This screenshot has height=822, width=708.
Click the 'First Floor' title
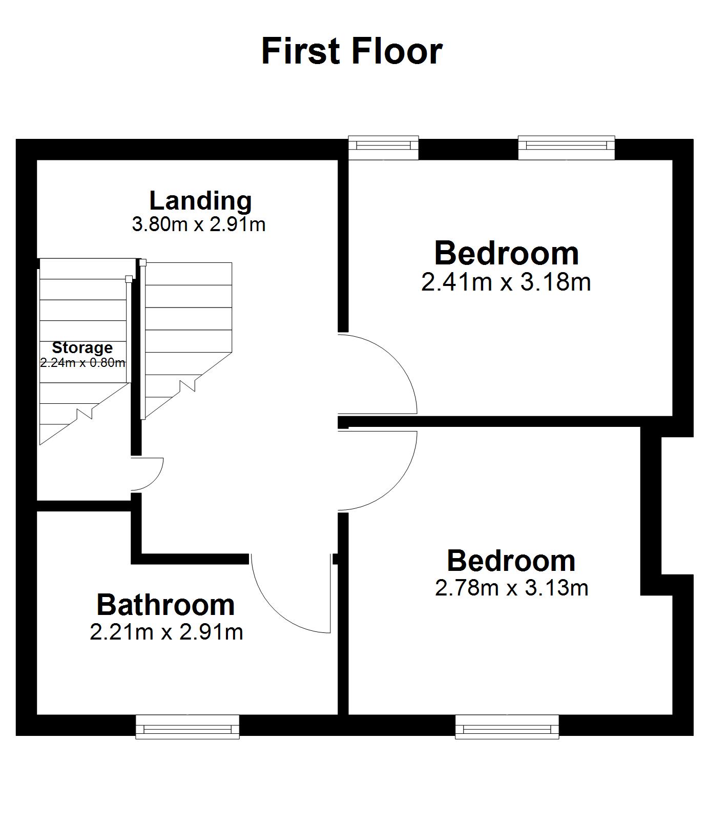coord(352,51)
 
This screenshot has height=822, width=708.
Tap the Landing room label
coord(200,200)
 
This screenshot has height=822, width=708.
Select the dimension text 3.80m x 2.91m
coord(199,224)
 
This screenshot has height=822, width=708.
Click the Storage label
coord(82,348)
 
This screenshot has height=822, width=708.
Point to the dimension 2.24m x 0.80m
coord(82,363)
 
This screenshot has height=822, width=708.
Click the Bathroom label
coord(165,605)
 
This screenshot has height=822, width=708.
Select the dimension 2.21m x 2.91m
coord(166,632)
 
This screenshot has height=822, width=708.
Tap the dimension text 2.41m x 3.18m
coord(506,281)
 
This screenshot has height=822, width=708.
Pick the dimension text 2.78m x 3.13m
coord(512,587)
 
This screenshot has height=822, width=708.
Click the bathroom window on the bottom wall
coord(188,727)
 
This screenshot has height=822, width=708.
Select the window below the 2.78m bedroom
coord(507,727)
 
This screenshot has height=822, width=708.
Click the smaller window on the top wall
coord(383,148)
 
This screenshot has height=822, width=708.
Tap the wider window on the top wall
coord(566,148)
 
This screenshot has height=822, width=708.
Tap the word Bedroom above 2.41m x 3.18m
coord(507,253)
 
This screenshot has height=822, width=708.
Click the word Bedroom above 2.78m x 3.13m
coord(511,561)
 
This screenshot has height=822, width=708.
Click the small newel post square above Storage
coord(129,279)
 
